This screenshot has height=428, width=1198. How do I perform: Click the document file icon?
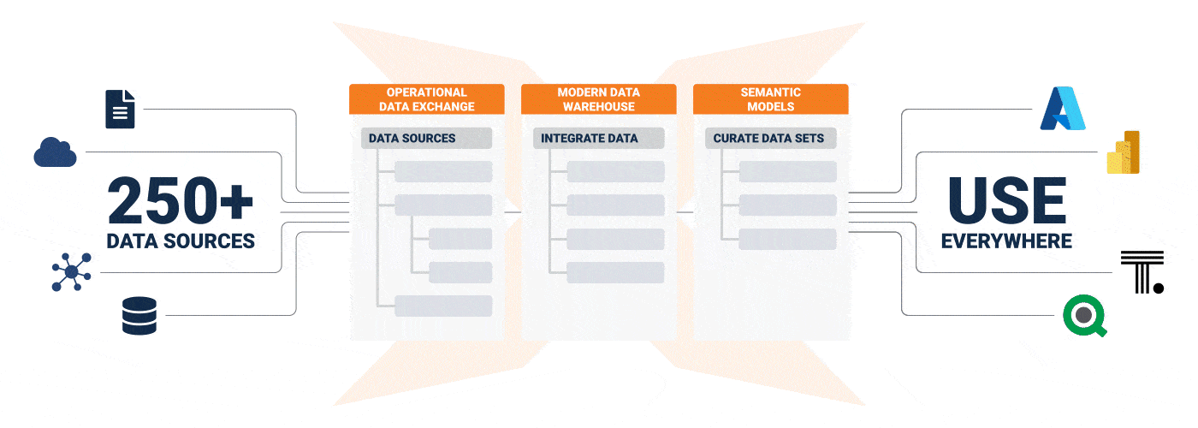point(120,109)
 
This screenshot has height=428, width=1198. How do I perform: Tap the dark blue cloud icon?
point(56,152)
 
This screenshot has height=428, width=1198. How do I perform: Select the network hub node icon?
point(71,273)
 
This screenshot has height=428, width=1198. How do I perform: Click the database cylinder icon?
point(139,315)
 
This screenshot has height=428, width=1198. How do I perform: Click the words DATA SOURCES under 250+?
point(181,241)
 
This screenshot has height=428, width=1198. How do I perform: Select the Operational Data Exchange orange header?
point(426,99)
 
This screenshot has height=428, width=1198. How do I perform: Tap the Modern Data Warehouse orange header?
point(598,99)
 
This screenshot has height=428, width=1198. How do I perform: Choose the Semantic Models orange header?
point(770,99)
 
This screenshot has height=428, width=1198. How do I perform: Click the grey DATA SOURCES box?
point(426,138)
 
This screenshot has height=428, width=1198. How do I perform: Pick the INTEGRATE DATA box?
point(598,138)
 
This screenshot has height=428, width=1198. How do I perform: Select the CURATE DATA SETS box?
point(770,138)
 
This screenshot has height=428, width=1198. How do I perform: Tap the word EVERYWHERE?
point(1006,241)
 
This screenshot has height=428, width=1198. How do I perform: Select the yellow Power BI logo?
point(1124,152)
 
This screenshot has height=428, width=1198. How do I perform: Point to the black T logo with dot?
point(1142,272)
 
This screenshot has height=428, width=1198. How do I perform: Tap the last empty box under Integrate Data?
point(615,273)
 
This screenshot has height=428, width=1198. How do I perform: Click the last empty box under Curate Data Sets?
point(787,239)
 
